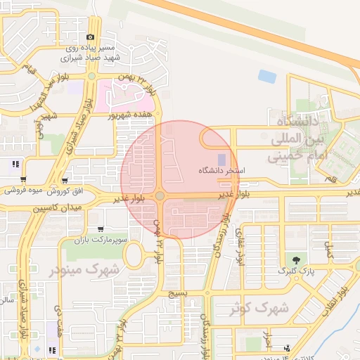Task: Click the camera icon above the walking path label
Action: point(90,37)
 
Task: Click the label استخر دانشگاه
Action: point(220,171)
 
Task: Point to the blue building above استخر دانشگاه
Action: point(222,160)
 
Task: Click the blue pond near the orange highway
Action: point(267,75)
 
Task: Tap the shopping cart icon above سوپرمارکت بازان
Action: point(101,229)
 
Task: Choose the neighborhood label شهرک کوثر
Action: point(259,307)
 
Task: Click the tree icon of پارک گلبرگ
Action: point(296,259)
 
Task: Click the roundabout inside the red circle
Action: point(160,196)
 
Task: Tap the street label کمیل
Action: point(325,247)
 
